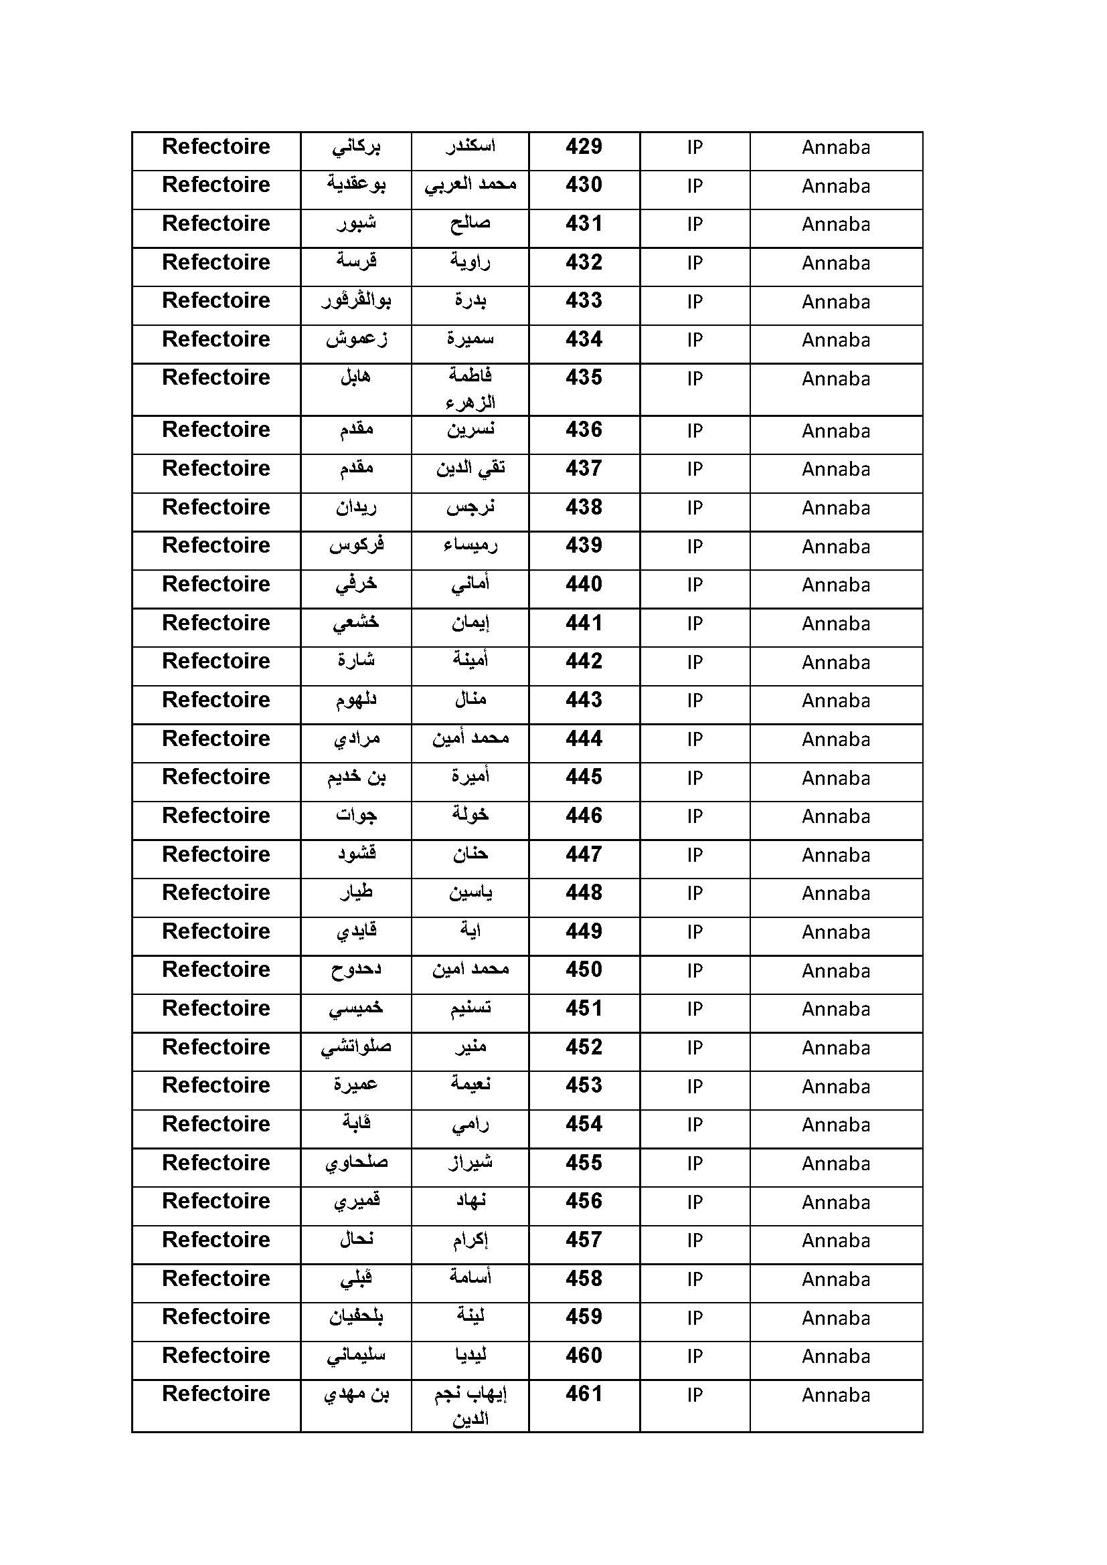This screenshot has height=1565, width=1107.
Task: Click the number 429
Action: (584, 147)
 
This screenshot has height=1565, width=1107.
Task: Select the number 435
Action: (584, 377)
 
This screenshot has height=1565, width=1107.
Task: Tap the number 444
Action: (584, 739)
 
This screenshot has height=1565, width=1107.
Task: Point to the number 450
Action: (584, 970)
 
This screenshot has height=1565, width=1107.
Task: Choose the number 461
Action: (584, 1394)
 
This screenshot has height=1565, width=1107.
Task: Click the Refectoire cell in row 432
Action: (216, 262)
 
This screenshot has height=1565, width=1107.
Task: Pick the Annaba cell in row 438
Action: (836, 508)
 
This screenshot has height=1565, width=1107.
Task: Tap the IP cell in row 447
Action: (695, 854)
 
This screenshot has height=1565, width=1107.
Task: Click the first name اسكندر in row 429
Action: (471, 147)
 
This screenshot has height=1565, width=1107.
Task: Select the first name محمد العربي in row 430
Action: (471, 185)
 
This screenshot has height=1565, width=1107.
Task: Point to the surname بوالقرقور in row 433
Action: (356, 300)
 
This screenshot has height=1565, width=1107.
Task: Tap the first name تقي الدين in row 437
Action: (471, 469)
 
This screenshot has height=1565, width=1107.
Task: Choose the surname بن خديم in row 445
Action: (356, 777)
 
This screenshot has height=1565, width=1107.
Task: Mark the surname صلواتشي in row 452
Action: (356, 1047)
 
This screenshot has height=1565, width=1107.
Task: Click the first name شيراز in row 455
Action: (471, 1163)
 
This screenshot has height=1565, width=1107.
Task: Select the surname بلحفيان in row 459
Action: (356, 1317)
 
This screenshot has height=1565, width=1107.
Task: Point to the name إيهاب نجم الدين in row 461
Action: (471, 1406)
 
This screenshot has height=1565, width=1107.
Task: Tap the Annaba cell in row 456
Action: (836, 1202)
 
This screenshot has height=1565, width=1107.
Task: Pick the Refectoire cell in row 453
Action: (216, 1085)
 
